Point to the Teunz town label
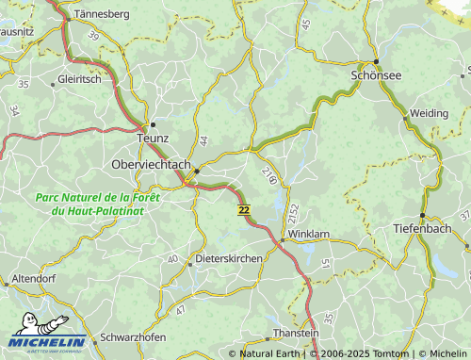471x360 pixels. [x=153, y=138]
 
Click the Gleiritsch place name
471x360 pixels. [x=79, y=80]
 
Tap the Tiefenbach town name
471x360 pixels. [x=421, y=229]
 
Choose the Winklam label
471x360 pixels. [x=308, y=232]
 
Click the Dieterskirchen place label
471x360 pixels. [x=228, y=257]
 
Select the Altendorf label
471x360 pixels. [x=35, y=279]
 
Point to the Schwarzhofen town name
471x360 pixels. [x=133, y=337]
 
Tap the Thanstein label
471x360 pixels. [x=296, y=334]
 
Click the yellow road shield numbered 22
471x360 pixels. [x=244, y=209]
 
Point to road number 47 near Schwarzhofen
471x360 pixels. [x=180, y=309]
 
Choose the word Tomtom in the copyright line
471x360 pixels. [x=393, y=353]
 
